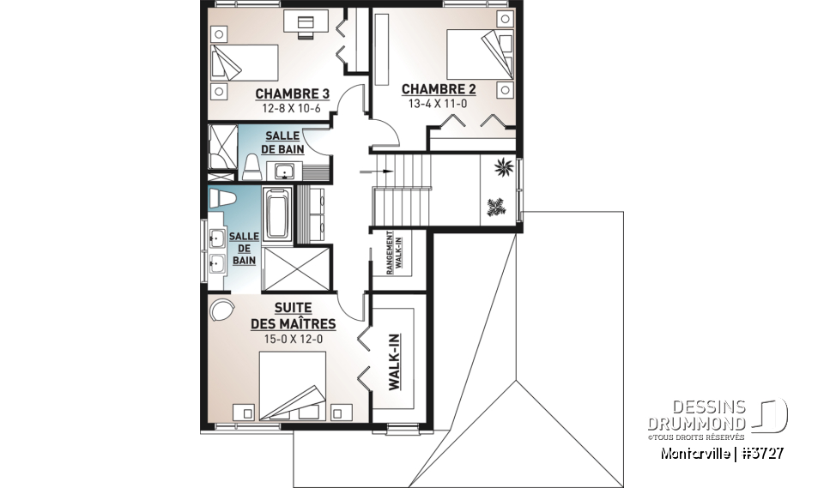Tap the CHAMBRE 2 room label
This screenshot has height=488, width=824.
tap(439, 88)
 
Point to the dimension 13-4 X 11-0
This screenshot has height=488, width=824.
tap(439, 103)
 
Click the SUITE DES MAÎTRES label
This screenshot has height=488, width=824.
tap(293, 316)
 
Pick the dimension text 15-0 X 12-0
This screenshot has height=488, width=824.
tap(293, 339)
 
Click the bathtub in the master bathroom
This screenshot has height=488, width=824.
tap(276, 213)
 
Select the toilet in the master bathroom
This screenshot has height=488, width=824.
tap(221, 198)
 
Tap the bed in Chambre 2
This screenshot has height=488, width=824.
tap(473, 57)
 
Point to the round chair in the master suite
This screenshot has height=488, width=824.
tap(221, 310)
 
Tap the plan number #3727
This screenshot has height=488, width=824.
tap(760, 452)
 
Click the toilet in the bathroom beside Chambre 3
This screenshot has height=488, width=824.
tap(251, 167)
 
